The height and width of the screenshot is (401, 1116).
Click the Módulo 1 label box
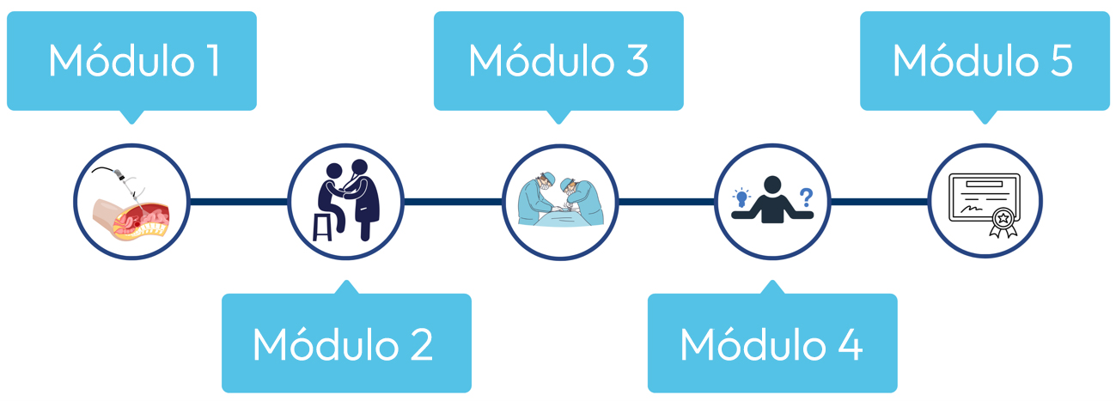coord(131,61)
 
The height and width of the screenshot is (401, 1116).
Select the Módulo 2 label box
coord(346,343)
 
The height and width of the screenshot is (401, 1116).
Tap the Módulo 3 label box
coord(558,61)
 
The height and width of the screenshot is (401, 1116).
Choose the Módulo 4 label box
coord(771,343)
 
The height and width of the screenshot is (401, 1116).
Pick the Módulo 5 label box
coord(985,61)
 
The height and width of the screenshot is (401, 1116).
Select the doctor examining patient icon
coord(345,202)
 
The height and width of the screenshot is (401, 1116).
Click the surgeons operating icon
coord(559,202)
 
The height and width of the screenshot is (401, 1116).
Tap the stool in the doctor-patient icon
coord(322,226)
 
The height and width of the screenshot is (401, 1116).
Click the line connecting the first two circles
coord(237,203)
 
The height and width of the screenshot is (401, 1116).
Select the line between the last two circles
coord(879,203)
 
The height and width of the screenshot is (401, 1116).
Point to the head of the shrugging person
coord(772,185)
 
